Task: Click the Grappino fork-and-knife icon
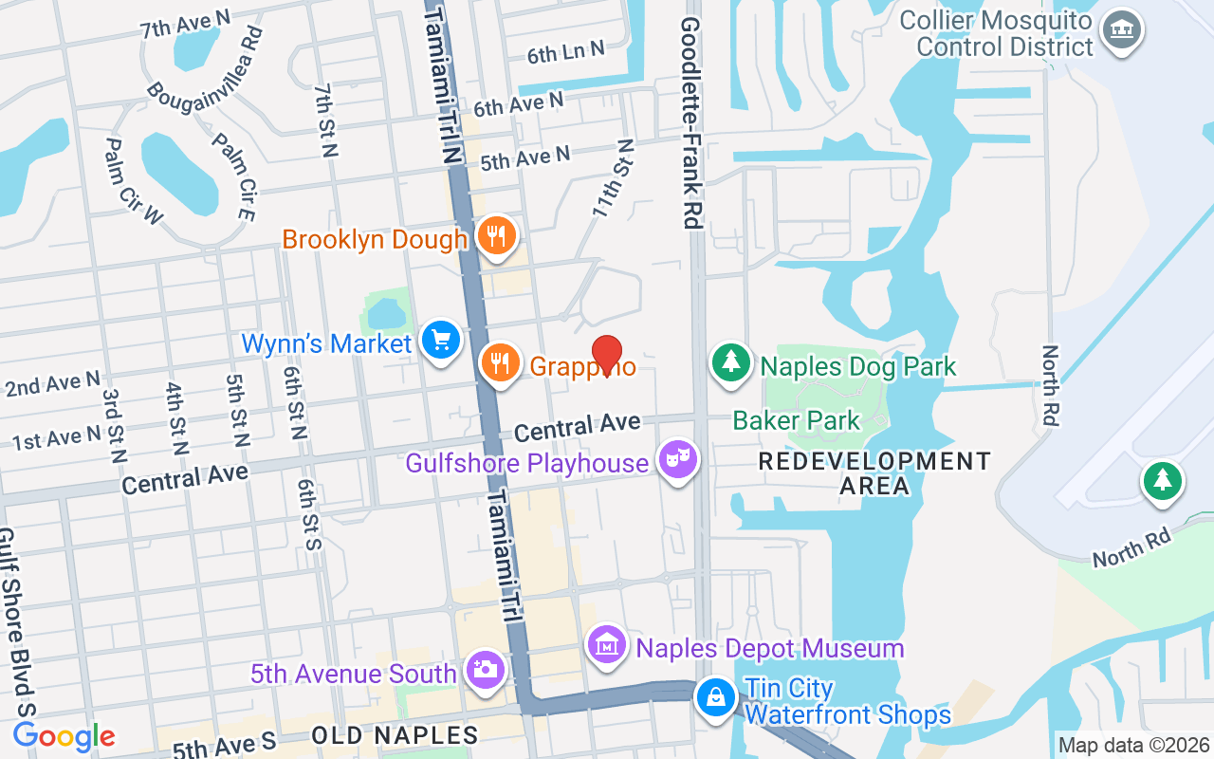click(x=500, y=362)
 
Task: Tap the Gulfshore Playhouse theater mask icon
click(x=679, y=460)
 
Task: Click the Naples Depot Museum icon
click(x=606, y=646)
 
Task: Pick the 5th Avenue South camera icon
click(x=485, y=670)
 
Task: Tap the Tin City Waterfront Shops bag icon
click(x=716, y=699)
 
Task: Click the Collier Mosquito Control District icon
click(x=1122, y=31)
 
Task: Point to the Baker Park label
click(x=796, y=419)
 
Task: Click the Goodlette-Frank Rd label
click(x=690, y=121)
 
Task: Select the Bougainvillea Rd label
click(x=205, y=80)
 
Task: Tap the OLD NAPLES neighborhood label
click(x=395, y=735)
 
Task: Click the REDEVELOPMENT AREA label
click(x=874, y=473)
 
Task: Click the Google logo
click(x=64, y=736)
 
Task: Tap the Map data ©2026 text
click(x=1134, y=746)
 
